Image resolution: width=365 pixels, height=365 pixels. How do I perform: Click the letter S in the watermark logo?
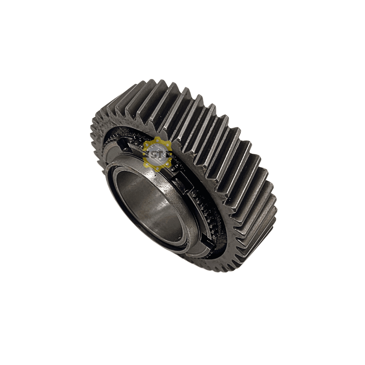pyautogui.click(x=154, y=155)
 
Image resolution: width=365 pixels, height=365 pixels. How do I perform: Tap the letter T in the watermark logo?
pyautogui.click(x=160, y=155)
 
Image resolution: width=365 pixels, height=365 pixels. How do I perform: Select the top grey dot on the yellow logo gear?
pyautogui.click(x=157, y=141)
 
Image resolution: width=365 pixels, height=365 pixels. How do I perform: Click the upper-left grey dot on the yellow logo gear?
pyautogui.click(x=147, y=145)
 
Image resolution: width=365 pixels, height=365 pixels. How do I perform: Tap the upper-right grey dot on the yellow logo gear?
pyautogui.click(x=167, y=145)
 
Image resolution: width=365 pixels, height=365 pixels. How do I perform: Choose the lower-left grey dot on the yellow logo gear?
pyautogui.click(x=147, y=164)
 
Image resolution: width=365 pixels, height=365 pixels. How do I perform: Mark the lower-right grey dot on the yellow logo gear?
pyautogui.click(x=167, y=164)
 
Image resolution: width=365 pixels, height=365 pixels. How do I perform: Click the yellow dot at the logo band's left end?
pyautogui.click(x=144, y=154)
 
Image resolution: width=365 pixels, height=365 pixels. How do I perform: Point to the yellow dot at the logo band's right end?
pyautogui.click(x=171, y=154)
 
